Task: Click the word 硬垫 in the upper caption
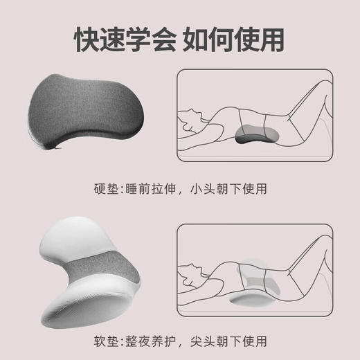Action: [x=105, y=188]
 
